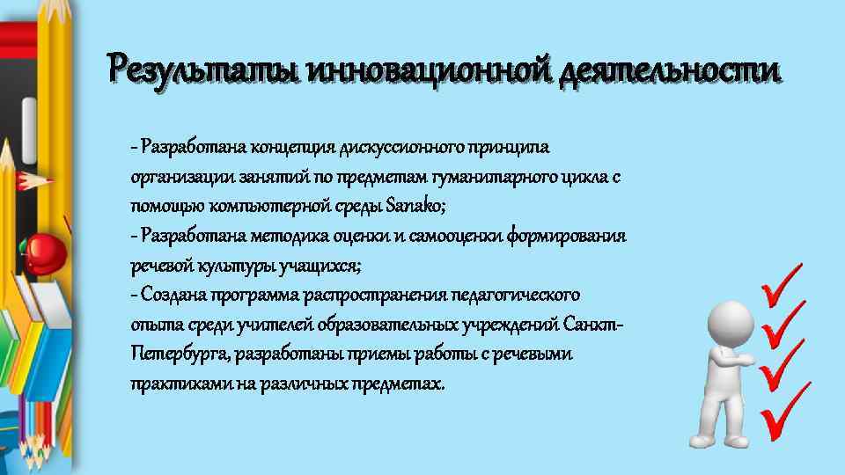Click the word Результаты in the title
click(x=201, y=68)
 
